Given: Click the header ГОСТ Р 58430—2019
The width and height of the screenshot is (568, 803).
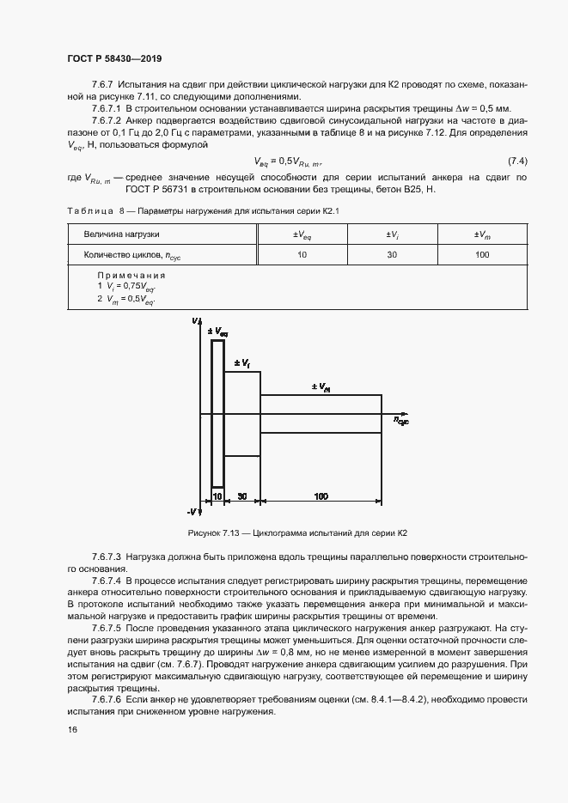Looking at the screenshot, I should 113,58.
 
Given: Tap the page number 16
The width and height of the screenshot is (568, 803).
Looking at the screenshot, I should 71,729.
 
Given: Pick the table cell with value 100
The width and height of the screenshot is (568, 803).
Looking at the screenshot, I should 481,255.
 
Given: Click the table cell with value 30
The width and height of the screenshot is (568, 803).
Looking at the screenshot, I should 391,255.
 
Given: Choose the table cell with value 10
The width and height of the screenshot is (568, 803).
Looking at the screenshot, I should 302,255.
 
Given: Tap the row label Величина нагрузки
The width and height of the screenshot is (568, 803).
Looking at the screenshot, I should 121,234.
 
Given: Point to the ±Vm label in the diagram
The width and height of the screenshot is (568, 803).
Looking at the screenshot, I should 321,387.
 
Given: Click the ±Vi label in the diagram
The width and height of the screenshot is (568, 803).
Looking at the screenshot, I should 241,364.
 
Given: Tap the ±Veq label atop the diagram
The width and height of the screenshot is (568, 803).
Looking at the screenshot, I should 217,331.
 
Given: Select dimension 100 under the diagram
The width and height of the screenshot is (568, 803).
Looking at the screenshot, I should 321,496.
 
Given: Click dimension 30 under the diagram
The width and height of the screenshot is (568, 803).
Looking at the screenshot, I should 242,496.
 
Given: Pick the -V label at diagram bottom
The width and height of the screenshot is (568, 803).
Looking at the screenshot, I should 197,513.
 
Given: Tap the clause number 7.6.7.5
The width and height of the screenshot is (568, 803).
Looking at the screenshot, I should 107,629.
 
